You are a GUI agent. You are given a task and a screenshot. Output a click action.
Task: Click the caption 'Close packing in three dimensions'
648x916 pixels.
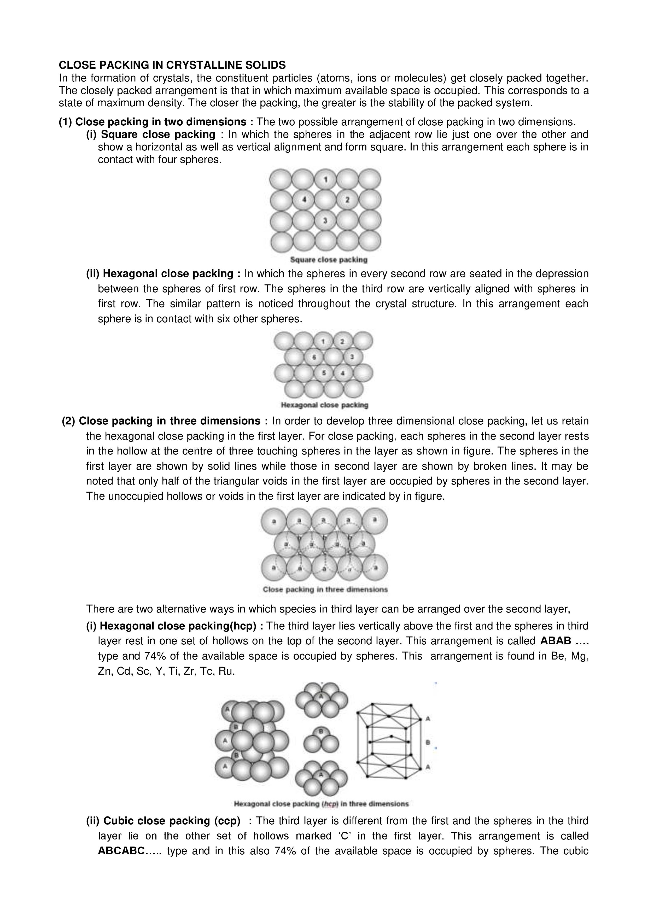click(325, 589)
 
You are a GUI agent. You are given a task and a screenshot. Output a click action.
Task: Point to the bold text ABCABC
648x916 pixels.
click(121, 851)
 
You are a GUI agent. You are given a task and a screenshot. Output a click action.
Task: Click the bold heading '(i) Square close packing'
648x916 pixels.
click(150, 135)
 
